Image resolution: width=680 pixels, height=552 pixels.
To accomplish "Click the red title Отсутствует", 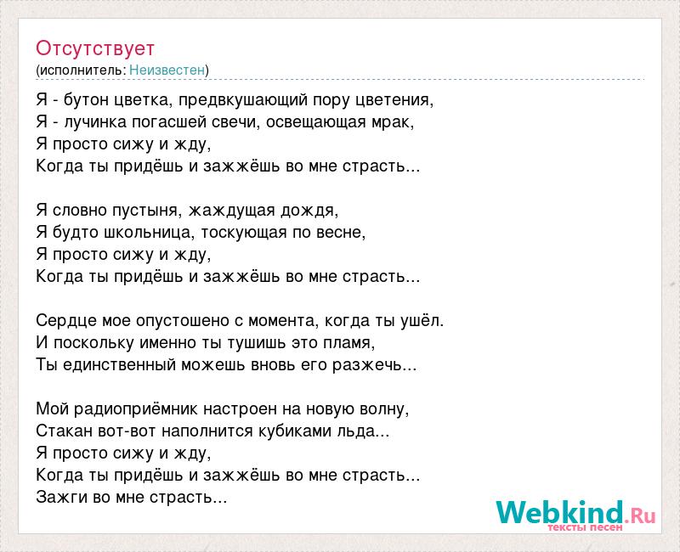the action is (x=95, y=48).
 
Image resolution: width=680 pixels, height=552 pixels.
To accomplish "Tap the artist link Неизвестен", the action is (x=167, y=70).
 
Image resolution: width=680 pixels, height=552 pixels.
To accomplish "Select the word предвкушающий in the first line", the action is (x=243, y=100).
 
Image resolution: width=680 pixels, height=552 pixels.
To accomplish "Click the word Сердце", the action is (x=67, y=321).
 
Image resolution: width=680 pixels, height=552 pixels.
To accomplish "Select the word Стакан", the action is (x=65, y=431).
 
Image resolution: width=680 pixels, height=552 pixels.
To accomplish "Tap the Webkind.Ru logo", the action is (x=575, y=515).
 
